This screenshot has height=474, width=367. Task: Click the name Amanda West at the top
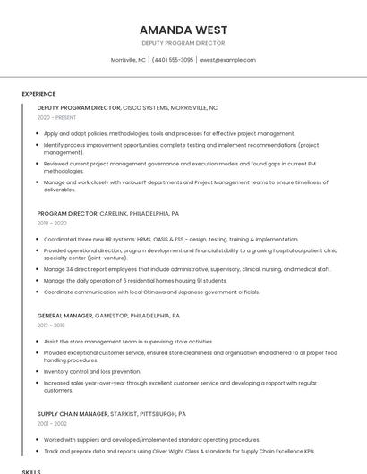click(x=183, y=30)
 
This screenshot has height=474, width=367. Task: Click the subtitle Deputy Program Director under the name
click(x=183, y=43)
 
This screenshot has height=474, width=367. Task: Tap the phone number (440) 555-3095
click(x=173, y=60)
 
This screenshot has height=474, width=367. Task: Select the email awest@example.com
click(x=227, y=60)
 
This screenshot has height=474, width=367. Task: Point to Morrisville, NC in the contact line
click(x=128, y=60)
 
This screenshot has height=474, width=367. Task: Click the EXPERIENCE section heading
click(x=38, y=94)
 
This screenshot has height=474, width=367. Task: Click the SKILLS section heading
click(x=31, y=470)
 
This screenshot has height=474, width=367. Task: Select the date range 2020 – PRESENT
click(x=56, y=117)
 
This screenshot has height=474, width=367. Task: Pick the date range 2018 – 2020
click(x=52, y=224)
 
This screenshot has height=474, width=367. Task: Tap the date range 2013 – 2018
click(x=51, y=326)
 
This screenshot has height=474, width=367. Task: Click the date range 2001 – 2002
click(x=52, y=424)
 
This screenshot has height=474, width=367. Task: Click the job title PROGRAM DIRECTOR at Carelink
click(x=67, y=214)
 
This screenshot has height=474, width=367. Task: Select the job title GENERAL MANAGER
click(x=65, y=316)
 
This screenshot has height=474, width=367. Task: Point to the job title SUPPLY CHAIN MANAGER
click(x=73, y=414)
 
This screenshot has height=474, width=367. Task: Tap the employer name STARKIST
click(x=125, y=414)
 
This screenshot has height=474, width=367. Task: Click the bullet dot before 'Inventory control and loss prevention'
click(x=38, y=371)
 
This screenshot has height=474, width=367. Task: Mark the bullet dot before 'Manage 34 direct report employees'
click(x=38, y=269)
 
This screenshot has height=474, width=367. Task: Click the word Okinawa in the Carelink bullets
click(x=164, y=292)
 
